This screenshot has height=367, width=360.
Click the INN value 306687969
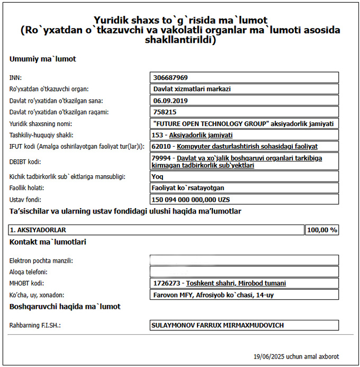point(170,77)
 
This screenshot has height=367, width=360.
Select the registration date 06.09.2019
point(168,100)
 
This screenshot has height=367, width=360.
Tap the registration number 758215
point(165,112)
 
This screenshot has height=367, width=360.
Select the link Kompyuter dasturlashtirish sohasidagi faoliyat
point(247,146)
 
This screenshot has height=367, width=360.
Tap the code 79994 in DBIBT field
point(161,158)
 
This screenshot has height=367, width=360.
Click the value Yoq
point(158,176)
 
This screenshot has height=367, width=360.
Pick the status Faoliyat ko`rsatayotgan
point(189,188)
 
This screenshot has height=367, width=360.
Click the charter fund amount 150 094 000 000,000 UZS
point(191,200)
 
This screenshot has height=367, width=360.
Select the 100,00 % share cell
point(322,230)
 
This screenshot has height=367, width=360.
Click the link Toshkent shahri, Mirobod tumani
point(236,283)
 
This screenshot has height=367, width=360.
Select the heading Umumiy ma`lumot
point(42,59)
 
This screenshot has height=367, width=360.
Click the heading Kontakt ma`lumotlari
point(48,242)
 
